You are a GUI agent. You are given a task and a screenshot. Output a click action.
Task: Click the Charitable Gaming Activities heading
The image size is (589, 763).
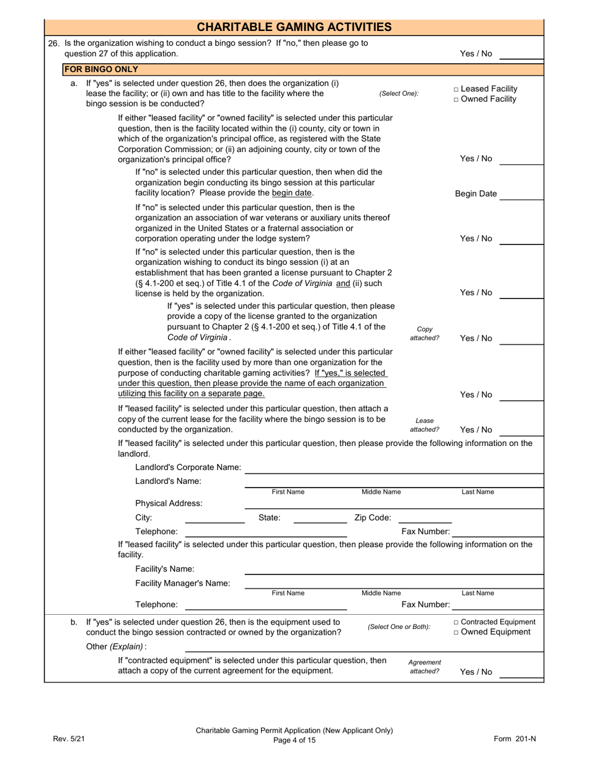294,27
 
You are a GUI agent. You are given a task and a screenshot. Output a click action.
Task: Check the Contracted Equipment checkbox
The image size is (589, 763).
457,622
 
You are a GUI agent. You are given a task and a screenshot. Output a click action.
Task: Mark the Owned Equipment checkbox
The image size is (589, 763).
457,632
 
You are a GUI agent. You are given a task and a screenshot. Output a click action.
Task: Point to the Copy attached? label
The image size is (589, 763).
425,334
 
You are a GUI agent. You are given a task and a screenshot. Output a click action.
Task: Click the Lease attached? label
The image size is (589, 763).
425,425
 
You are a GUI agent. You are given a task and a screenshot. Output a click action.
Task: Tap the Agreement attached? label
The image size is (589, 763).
425,667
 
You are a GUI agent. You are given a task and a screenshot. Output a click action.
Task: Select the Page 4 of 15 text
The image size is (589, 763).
294,740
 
